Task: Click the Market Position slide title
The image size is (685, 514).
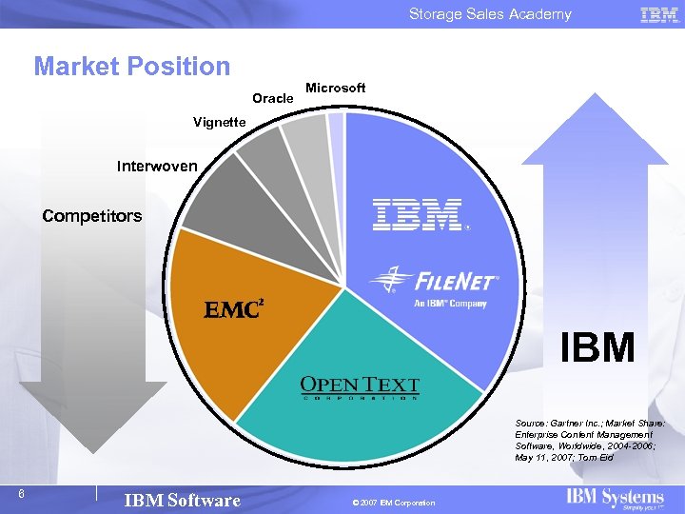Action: point(132,67)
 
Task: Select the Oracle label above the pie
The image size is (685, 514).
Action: point(272,98)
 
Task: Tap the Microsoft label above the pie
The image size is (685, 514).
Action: point(335,88)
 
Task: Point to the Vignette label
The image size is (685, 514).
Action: point(219,122)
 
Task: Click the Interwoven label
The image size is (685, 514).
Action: point(157,167)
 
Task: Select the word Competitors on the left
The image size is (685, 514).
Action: point(91,216)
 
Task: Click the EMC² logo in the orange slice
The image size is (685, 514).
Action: point(234,309)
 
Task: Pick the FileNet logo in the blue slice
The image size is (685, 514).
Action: point(434,284)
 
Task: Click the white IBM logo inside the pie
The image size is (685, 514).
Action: point(420,215)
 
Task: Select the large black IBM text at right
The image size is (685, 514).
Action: point(597,348)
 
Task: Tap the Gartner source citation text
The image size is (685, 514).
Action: point(589,439)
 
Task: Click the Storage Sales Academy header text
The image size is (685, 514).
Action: point(490,13)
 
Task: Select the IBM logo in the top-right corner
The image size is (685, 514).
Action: point(658,14)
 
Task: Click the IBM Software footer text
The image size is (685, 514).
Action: point(183,501)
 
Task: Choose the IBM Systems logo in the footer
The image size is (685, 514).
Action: point(615,499)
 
